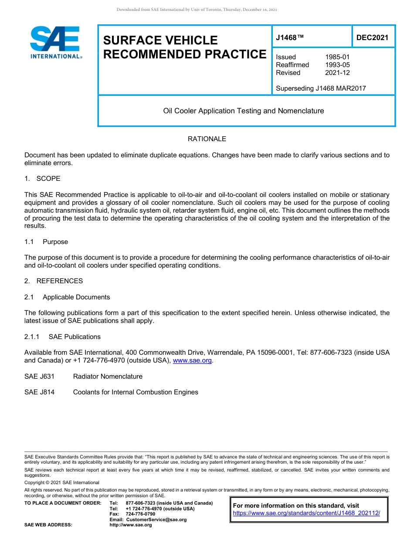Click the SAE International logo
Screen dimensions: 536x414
coord(55,43)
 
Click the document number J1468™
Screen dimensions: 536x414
coord(289,37)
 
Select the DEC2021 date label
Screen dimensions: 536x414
coord(372,37)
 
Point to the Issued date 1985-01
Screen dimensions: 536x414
coord(337,57)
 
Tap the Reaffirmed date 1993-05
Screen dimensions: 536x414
coord(337,65)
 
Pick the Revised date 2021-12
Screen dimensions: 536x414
coord(337,73)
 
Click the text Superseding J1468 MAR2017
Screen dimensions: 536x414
coord(321,88)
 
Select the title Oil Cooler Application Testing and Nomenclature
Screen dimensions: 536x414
coord(243,111)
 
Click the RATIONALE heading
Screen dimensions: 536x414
coord(207,139)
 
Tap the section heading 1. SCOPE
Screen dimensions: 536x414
coord(42,179)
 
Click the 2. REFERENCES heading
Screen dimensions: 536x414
coord(53,281)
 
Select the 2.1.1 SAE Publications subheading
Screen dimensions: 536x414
coord(62,337)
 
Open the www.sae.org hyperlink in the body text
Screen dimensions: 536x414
coord(192,360)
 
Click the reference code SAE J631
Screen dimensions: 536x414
coord(39,377)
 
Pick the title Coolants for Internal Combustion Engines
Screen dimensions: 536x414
coord(136,392)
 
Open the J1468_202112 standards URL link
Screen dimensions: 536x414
coord(306,513)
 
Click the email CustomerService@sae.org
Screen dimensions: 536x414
coord(156,519)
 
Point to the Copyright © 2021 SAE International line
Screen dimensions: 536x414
coord(62,482)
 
